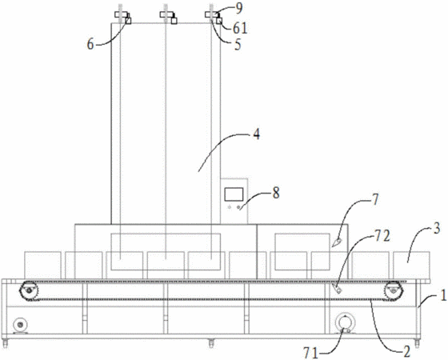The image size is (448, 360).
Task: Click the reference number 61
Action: pos(240,28)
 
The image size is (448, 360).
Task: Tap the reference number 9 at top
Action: pos(238,9)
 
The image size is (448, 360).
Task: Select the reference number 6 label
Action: pos(90,45)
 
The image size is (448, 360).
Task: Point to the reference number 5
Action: pos(238,45)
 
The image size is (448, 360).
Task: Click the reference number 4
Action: pos(257,134)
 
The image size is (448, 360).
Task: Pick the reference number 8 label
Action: pos(276,193)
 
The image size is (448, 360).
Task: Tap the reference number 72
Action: pos(382,237)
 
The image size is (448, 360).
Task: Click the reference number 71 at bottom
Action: pos(310,354)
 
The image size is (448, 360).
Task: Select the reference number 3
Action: pos(436,229)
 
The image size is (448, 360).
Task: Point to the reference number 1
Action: pos(443,296)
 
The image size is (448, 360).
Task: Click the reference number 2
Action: pos(406,350)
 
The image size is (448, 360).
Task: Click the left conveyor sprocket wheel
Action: pos(29,291)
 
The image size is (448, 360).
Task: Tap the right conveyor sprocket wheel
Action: pos(394,291)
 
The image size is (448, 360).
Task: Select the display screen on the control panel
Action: pos(234,194)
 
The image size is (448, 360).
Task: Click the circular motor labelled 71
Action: pos(345,323)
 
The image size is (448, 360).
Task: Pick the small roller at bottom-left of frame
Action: pos(20,325)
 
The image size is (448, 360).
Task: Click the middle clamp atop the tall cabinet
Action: pos(169,17)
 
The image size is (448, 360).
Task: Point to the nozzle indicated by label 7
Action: pos(337,242)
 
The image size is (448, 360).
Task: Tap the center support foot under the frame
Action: pos(211,342)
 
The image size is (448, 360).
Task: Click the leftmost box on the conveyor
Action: pos(43,265)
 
